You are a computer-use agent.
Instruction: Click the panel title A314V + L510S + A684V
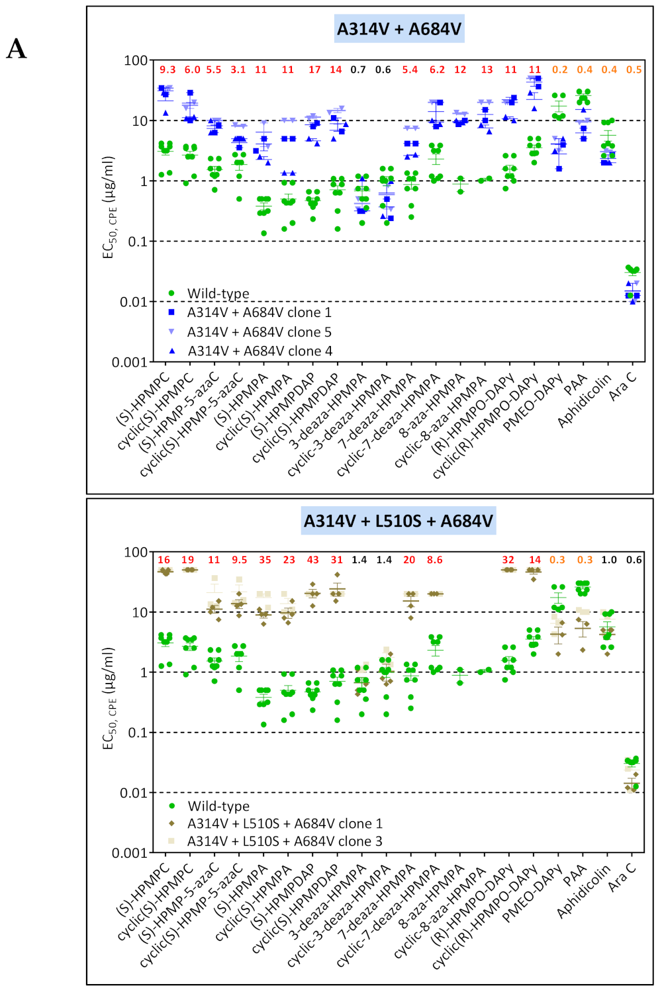pyautogui.click(x=399, y=521)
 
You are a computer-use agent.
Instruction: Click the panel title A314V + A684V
pyautogui.click(x=399, y=29)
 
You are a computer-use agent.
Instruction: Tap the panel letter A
pyautogui.click(x=17, y=49)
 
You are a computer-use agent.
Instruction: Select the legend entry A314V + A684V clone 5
pyautogui.click(x=259, y=332)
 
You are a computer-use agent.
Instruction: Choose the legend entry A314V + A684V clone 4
pyautogui.click(x=260, y=351)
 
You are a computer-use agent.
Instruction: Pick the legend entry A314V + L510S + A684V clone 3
pyautogui.click(x=285, y=841)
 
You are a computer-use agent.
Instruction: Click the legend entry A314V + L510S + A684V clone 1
pyautogui.click(x=285, y=823)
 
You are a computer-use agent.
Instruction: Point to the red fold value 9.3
pyautogui.click(x=167, y=69)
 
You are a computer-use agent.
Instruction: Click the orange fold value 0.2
pyautogui.click(x=560, y=69)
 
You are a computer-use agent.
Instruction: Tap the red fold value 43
pyautogui.click(x=312, y=560)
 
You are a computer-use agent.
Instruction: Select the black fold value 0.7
pyautogui.click(x=358, y=69)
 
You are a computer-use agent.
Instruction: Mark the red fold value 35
pyautogui.click(x=265, y=560)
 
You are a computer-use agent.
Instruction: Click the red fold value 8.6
pyautogui.click(x=435, y=560)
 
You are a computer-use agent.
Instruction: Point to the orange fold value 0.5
pyautogui.click(x=634, y=69)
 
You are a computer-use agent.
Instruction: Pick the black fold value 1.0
pyautogui.click(x=609, y=560)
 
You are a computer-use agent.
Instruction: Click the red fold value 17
pyautogui.click(x=314, y=69)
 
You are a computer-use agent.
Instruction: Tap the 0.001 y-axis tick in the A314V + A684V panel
pyautogui.click(x=129, y=362)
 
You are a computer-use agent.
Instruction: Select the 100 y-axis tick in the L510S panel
pyautogui.click(x=136, y=552)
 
